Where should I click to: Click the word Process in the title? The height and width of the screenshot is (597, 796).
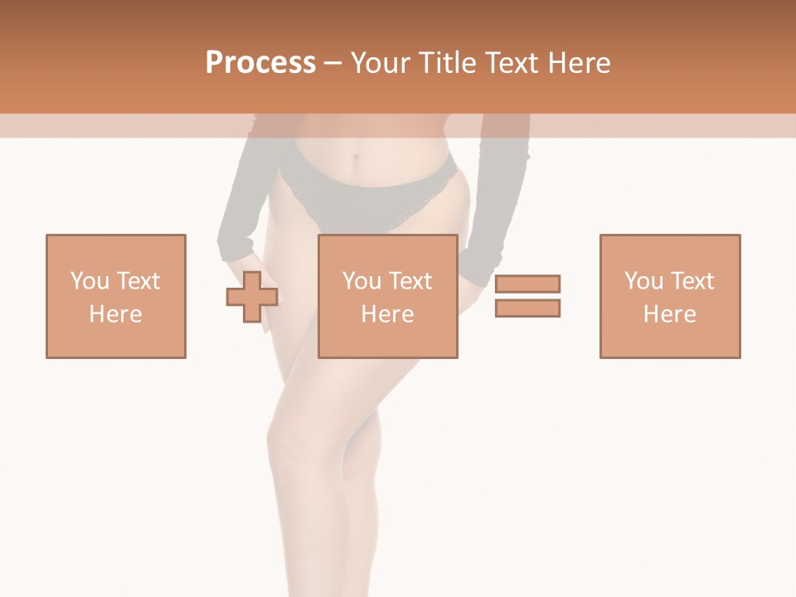pyautogui.click(x=260, y=62)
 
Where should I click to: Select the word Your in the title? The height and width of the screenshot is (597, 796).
pyautogui.click(x=380, y=63)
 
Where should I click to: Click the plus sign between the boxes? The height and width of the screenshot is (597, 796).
pyautogui.click(x=252, y=297)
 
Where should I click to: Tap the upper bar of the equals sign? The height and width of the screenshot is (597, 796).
pyautogui.click(x=527, y=284)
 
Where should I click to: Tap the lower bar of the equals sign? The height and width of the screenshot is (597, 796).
pyautogui.click(x=527, y=308)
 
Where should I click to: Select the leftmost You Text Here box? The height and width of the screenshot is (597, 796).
pyautogui.click(x=115, y=296)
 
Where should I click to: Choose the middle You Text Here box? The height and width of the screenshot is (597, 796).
pyautogui.click(x=387, y=296)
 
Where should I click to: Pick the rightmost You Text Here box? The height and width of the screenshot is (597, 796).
pyautogui.click(x=669, y=296)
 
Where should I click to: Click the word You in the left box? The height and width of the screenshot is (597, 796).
pyautogui.click(x=89, y=281)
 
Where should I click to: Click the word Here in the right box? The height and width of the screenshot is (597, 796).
pyautogui.click(x=669, y=314)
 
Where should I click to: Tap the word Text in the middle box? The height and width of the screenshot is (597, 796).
pyautogui.click(x=410, y=281)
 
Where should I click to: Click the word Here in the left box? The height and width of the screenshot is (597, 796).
pyautogui.click(x=115, y=314)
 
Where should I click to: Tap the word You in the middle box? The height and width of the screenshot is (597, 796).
pyautogui.click(x=361, y=281)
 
